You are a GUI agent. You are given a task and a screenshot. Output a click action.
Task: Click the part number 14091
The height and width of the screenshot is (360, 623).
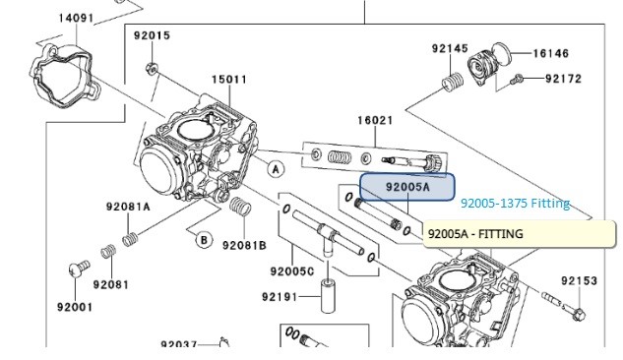(x=76, y=19)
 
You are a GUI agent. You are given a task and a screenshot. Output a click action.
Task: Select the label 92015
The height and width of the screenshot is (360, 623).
(x=152, y=35)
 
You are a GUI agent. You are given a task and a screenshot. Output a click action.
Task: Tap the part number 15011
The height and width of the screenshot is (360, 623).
(x=229, y=80)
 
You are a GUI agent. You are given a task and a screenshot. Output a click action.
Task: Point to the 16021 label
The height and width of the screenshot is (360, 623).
(x=375, y=120)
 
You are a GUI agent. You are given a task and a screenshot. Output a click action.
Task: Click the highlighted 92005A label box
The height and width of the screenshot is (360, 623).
(x=407, y=187)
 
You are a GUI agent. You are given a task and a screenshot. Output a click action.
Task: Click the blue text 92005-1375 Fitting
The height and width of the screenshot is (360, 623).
(x=516, y=204)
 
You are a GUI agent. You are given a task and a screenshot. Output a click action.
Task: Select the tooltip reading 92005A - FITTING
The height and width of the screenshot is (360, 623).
(x=519, y=234)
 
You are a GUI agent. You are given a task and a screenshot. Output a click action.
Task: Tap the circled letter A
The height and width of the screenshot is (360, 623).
(x=276, y=169)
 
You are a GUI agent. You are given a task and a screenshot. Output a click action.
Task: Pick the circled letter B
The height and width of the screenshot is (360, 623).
(x=204, y=240)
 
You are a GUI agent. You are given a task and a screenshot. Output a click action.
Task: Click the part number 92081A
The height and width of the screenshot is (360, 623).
(x=128, y=207)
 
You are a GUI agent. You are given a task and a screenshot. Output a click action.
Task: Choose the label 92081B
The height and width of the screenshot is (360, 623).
(x=244, y=246)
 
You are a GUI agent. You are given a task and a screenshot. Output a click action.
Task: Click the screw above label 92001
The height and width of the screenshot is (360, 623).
(x=79, y=268)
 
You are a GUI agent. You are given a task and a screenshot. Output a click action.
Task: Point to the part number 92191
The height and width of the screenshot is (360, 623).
(x=280, y=297)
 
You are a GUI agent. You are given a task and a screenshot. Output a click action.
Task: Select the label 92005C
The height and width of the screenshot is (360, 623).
(x=292, y=271)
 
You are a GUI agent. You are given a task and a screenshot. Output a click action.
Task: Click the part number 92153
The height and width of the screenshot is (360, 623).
(x=580, y=281)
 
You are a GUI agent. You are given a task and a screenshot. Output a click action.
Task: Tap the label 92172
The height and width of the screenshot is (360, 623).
(x=563, y=79)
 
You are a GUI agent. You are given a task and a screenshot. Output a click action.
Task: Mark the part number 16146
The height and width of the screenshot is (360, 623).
(x=551, y=53)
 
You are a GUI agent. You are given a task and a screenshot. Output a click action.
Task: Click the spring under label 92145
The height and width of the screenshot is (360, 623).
(x=453, y=83)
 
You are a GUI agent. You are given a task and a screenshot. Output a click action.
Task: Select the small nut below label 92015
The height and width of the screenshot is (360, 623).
(x=152, y=69)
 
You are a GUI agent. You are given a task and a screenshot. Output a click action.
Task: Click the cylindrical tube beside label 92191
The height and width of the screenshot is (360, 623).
(x=328, y=296)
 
